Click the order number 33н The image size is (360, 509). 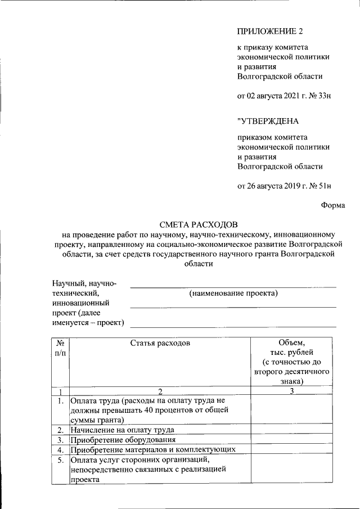tap(323, 96)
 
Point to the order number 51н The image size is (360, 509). tap(324, 186)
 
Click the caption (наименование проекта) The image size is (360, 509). tap(233, 293)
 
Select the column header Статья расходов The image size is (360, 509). tap(160, 343)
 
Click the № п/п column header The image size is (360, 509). tap(60, 348)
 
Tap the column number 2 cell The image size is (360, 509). tap(160, 391)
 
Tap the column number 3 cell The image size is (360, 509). tap(291, 391)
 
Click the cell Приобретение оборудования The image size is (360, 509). tap(123, 439)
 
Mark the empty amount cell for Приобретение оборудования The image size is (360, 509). tap(291, 439)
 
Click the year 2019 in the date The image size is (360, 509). tap(290, 186)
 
